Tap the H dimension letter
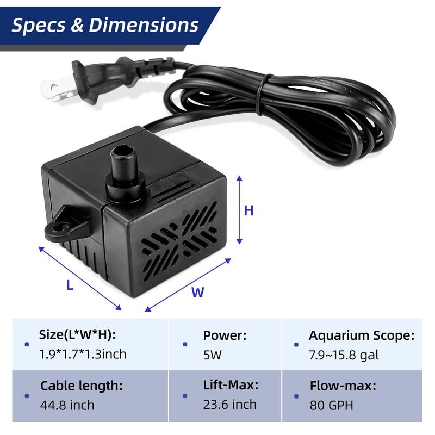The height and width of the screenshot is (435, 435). (248, 211)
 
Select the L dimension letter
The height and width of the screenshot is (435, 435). (70, 284)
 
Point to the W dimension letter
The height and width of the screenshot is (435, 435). (197, 293)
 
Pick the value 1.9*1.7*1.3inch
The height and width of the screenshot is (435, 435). (83, 355)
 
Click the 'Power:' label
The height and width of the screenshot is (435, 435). (225, 335)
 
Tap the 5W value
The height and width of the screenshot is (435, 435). (213, 355)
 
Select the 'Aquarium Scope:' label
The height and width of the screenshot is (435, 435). (362, 335)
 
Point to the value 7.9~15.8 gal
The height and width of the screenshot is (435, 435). (344, 355)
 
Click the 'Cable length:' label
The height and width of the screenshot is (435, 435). (82, 386)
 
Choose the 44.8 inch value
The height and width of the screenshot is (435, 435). (67, 405)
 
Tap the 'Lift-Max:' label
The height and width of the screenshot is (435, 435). (231, 386)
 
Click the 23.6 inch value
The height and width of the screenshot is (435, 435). (229, 405)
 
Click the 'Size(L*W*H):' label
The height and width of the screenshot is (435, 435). (77, 335)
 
